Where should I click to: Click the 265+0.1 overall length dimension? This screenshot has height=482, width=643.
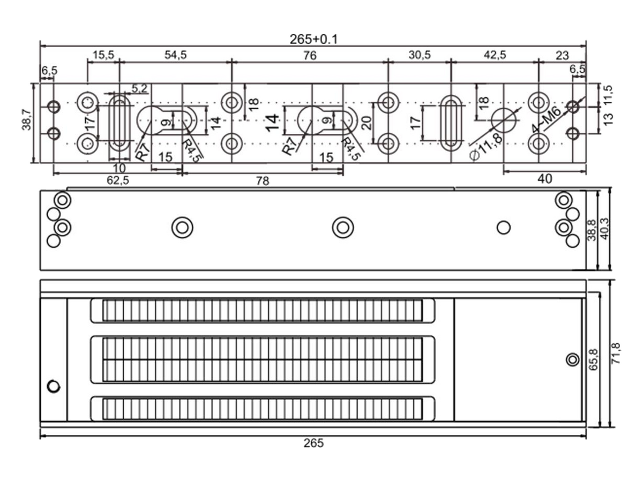click(313, 39)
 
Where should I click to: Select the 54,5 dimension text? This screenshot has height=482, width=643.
click(175, 55)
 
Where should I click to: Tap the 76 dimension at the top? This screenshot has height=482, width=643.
click(310, 55)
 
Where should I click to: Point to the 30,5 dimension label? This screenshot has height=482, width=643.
click(420, 55)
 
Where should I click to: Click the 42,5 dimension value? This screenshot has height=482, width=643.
click(495, 55)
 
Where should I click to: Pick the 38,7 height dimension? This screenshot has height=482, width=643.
click(26, 119)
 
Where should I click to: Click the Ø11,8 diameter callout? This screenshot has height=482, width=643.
click(486, 147)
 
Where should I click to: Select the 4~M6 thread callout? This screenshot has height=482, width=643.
click(546, 119)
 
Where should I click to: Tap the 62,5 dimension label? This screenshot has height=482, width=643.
click(118, 180)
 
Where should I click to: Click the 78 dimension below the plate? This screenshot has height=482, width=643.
click(263, 181)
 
